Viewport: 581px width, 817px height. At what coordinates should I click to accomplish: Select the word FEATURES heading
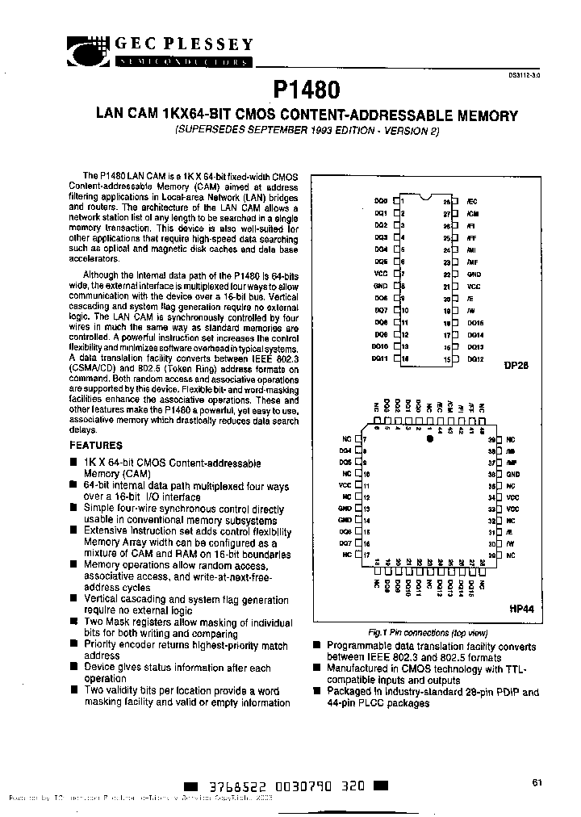point(96,445)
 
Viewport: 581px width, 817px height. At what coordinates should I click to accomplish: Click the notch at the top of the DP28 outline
point(425,195)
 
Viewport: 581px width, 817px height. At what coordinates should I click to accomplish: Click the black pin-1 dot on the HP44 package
point(430,439)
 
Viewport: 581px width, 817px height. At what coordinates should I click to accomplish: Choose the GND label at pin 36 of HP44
point(513,475)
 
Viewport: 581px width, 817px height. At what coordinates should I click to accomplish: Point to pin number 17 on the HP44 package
point(366,556)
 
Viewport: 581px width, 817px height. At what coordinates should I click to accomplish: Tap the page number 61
point(537,781)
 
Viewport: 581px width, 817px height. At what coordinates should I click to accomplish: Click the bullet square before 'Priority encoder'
point(75,645)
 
